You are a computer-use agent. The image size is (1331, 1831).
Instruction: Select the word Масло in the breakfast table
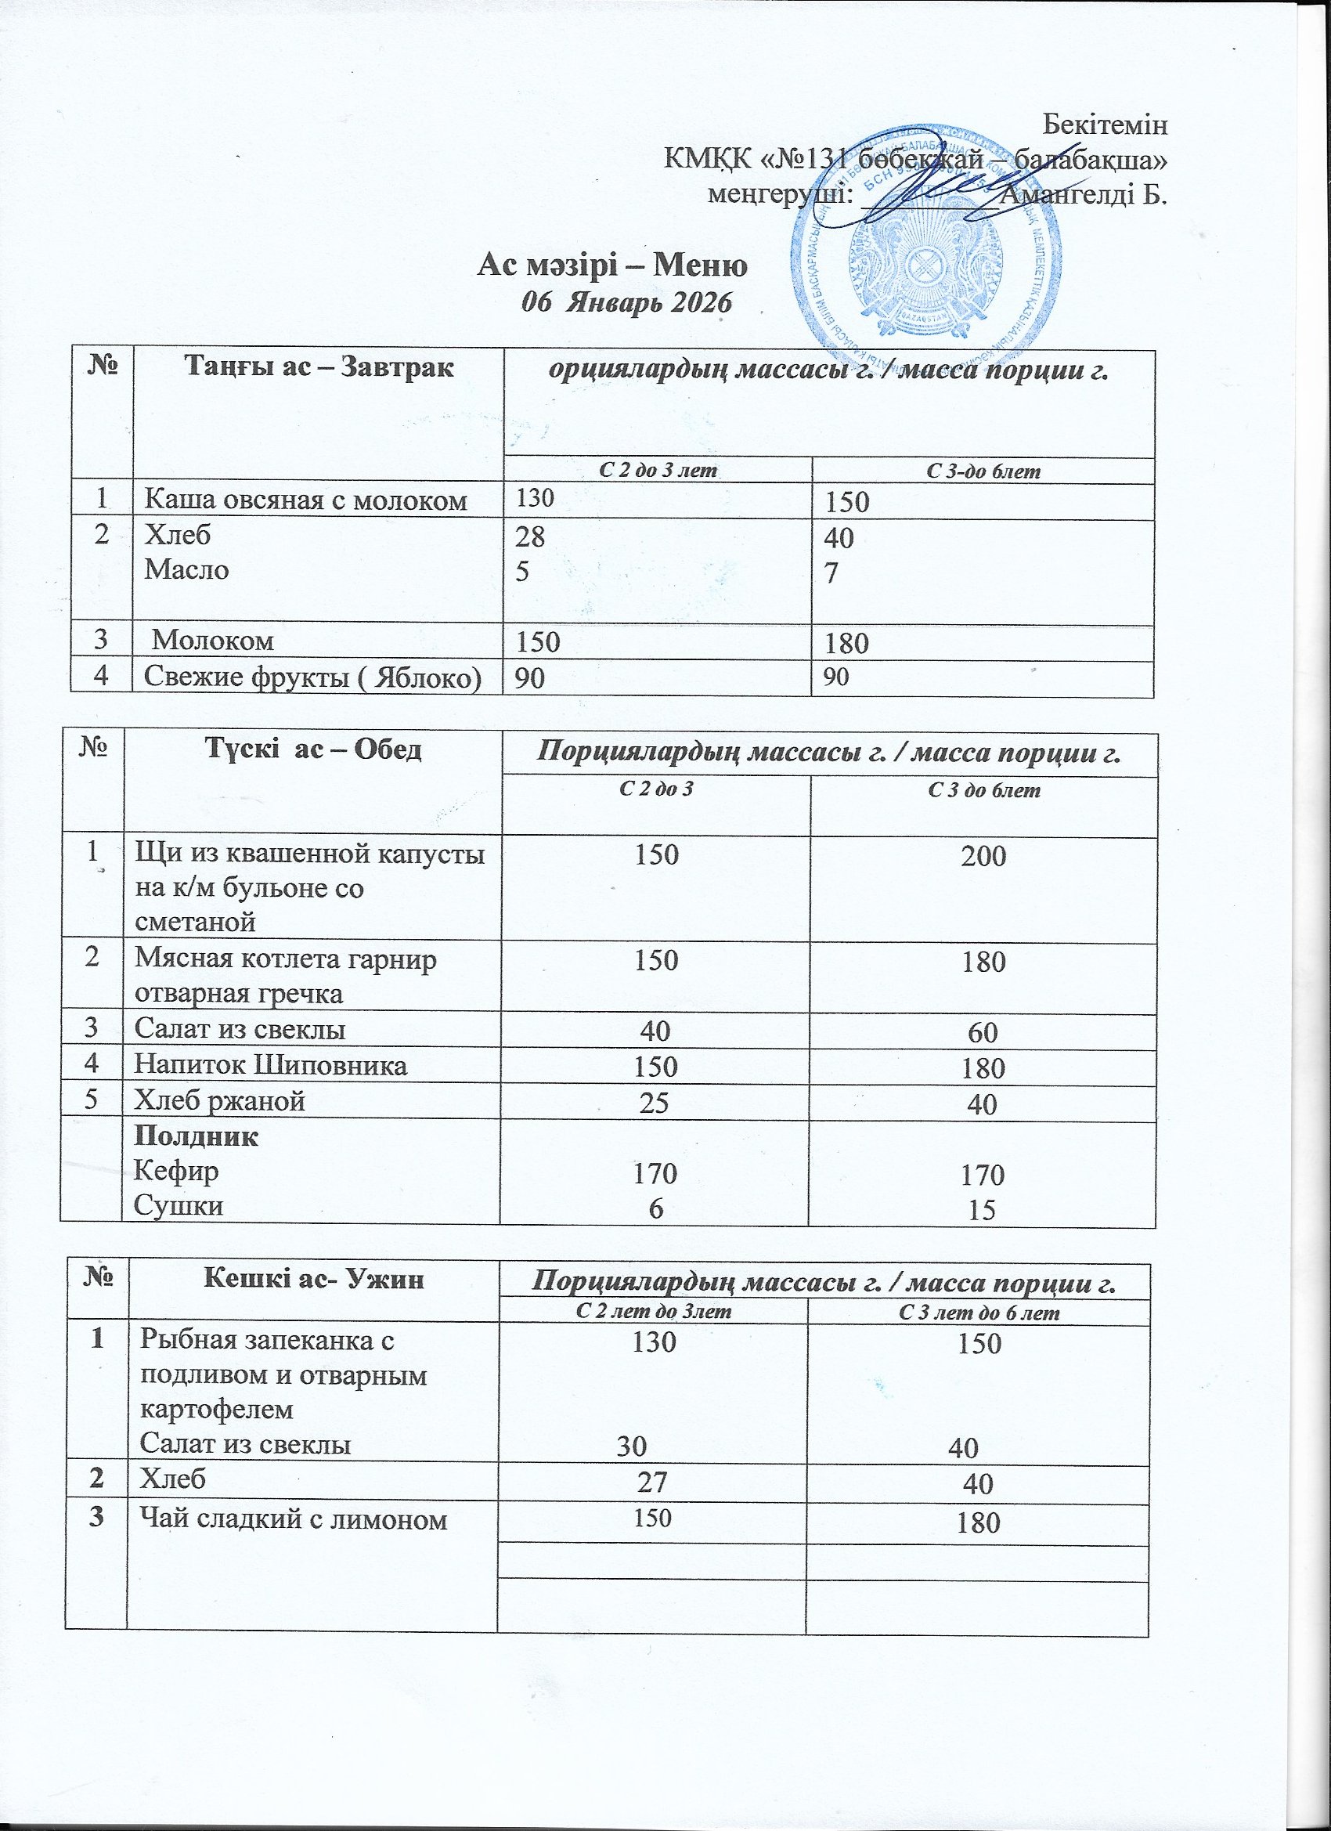[x=186, y=569]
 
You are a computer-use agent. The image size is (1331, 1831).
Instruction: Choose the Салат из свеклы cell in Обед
[x=240, y=1029]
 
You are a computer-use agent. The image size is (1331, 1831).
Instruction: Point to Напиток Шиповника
[x=270, y=1066]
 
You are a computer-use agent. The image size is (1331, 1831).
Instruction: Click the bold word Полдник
[x=197, y=1136]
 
